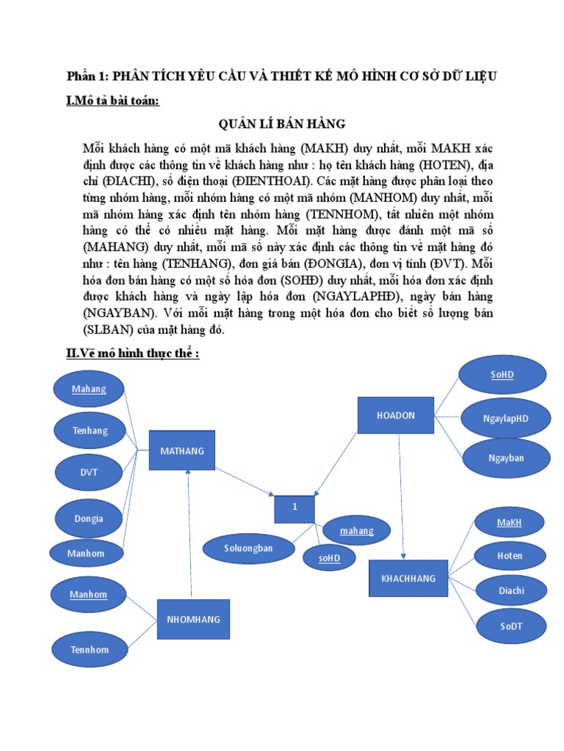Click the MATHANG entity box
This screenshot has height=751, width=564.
coord(182,450)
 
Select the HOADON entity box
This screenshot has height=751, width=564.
coord(396,415)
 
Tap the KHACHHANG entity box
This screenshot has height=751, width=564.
coord(408,578)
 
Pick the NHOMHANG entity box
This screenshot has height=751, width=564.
coord(193,619)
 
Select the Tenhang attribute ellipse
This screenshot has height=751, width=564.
coord(90,431)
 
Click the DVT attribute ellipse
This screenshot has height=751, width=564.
coord(89,472)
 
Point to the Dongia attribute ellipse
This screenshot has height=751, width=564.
coord(88,518)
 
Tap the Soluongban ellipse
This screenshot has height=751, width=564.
coord(248,547)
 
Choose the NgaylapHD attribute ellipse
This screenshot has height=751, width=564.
coord(505,418)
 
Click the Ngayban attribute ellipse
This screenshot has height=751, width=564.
coord(506,458)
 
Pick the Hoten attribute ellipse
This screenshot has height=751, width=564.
coord(509,555)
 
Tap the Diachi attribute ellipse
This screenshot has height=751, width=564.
coord(511,590)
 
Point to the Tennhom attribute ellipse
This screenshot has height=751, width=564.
coord(89,649)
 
